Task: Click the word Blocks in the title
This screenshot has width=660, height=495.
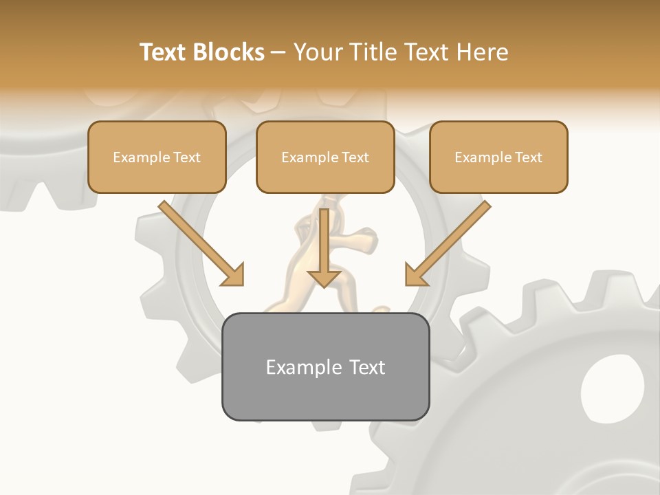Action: point(230,52)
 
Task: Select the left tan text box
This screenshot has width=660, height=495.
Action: point(157,157)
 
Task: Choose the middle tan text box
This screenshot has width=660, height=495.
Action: point(325,157)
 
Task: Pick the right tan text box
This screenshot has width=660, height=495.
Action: point(498,157)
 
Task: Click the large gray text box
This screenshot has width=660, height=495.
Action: point(325,366)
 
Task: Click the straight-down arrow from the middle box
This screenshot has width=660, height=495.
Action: point(324,244)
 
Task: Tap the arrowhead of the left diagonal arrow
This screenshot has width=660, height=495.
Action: point(233,275)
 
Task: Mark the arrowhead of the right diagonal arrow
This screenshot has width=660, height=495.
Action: point(415,275)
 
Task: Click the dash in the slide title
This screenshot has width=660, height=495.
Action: point(278,52)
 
